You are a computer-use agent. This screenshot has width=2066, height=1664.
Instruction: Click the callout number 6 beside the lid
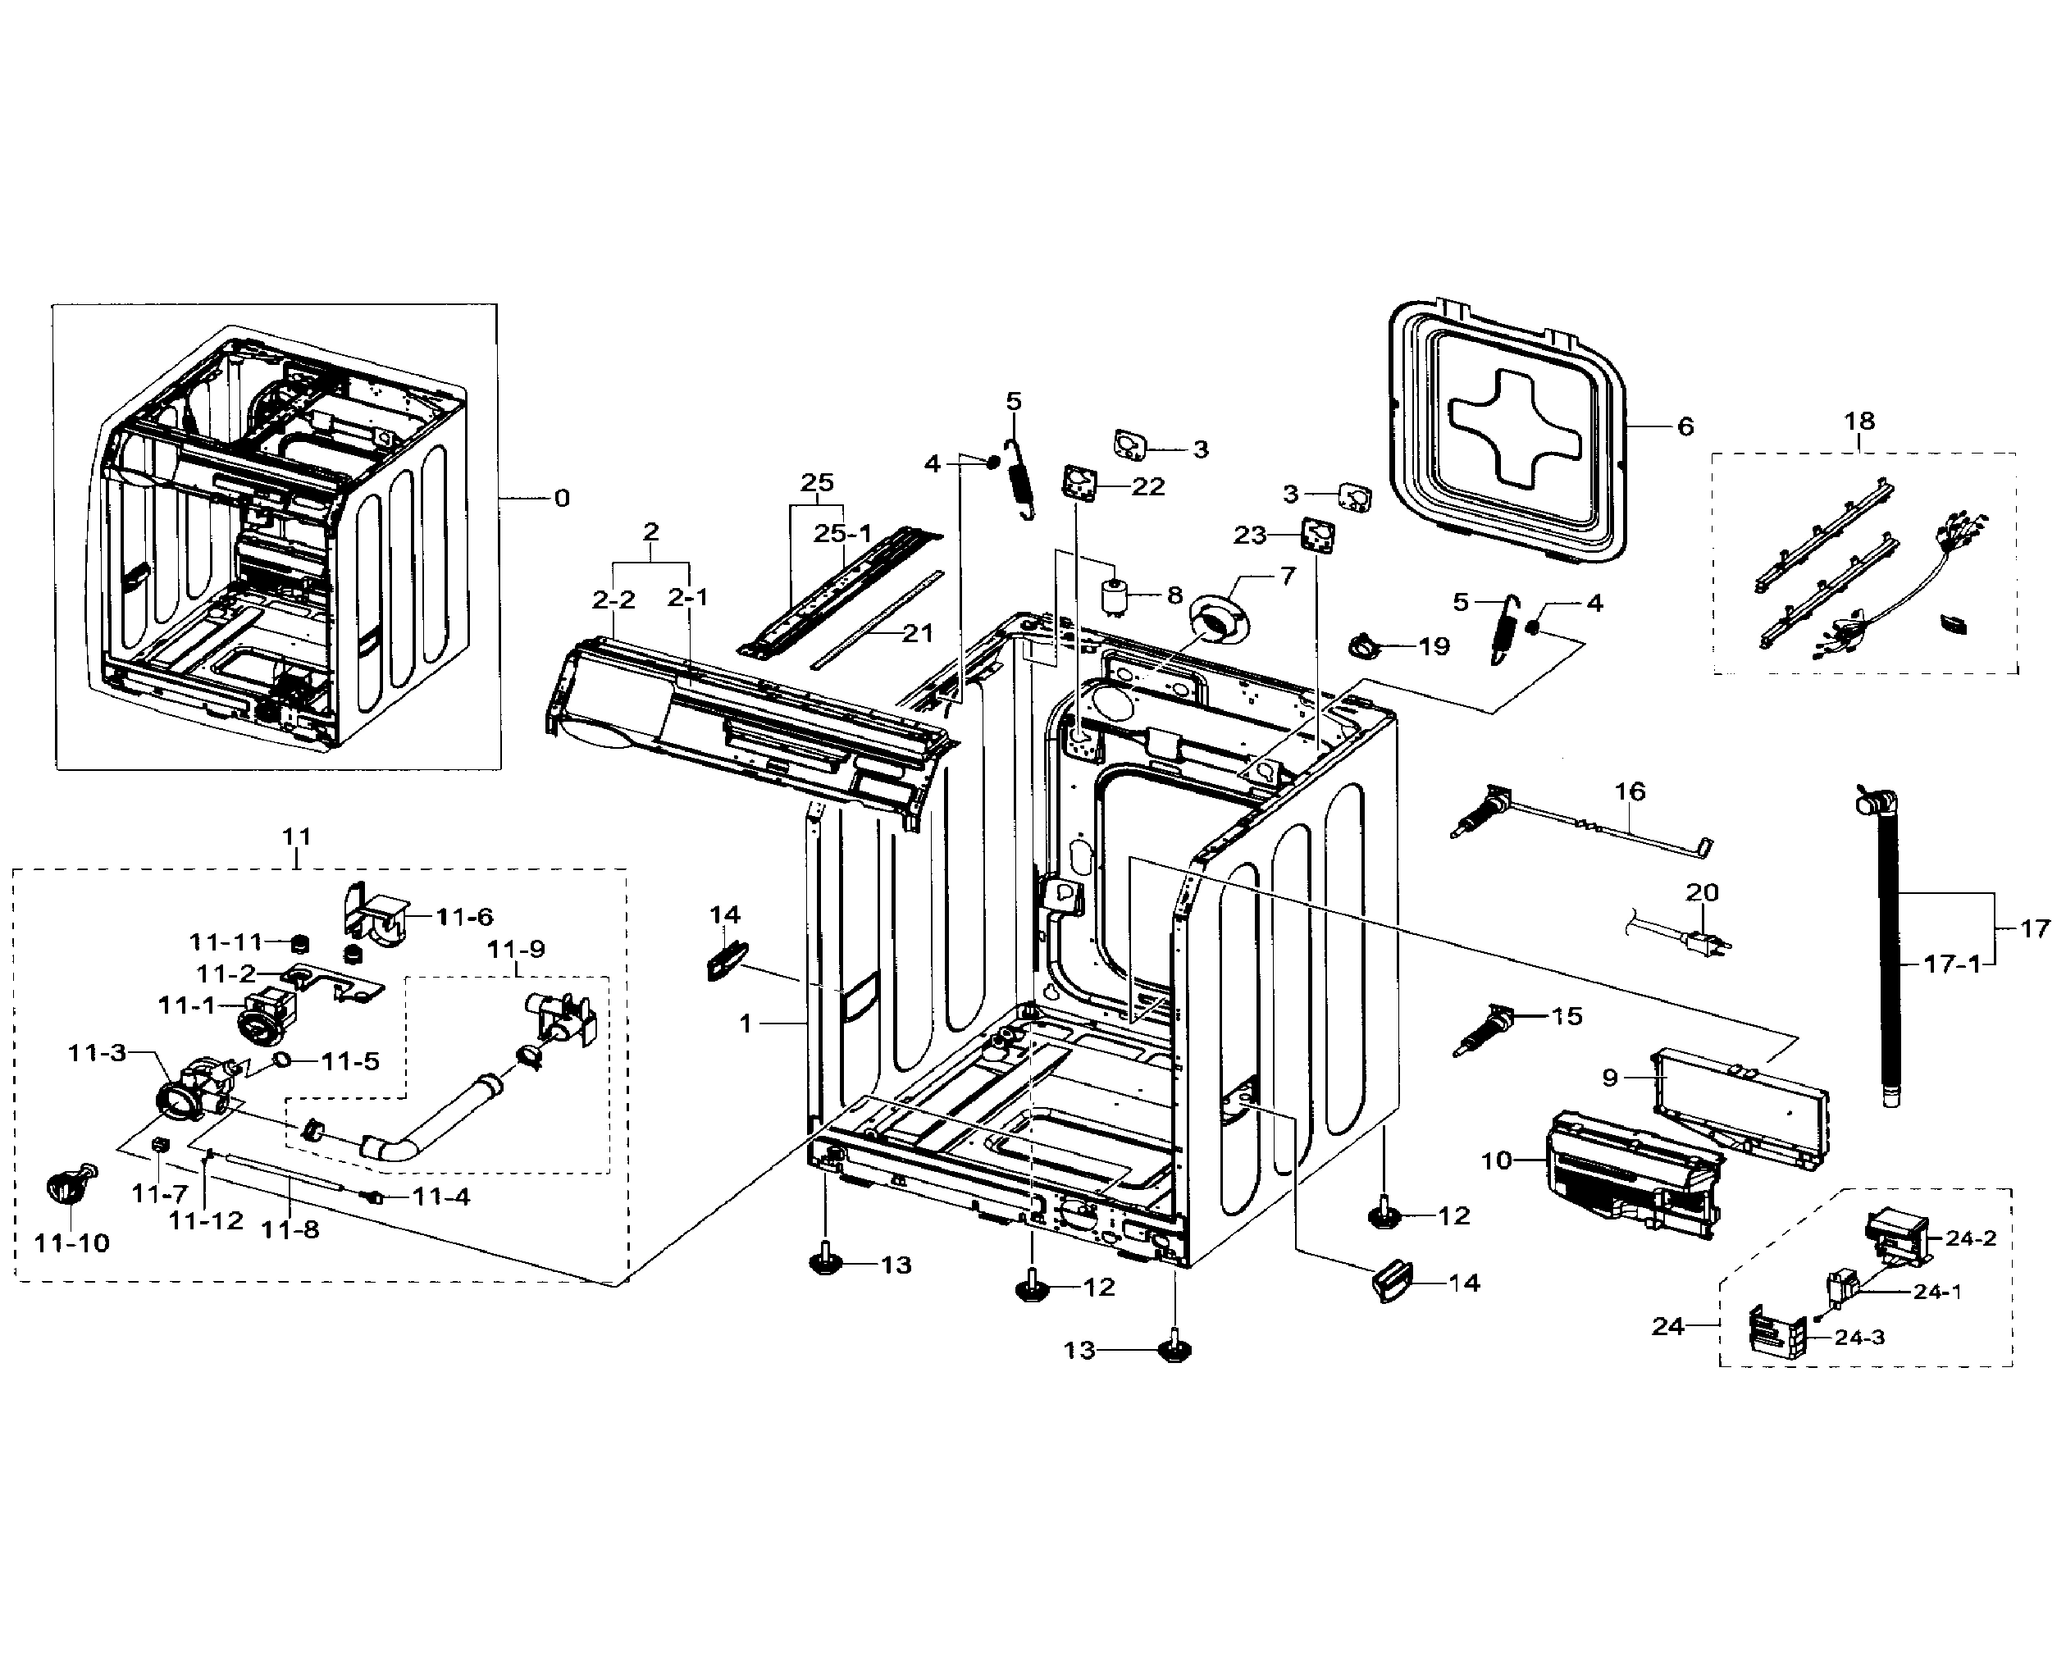1685,426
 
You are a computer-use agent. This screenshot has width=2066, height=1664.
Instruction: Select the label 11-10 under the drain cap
72,1243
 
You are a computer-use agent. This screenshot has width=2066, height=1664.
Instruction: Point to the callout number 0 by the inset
562,498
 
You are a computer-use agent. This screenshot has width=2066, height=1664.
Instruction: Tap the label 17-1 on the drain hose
1952,964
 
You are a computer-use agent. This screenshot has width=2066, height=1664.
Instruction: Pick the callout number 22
1147,487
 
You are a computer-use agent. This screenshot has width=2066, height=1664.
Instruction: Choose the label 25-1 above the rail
842,534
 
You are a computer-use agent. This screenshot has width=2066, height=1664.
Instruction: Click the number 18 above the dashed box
1859,421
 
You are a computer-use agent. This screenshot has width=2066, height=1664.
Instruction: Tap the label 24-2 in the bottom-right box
1970,1238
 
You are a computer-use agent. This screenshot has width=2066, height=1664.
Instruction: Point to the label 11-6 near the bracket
465,918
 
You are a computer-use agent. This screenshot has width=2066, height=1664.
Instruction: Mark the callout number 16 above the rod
1630,791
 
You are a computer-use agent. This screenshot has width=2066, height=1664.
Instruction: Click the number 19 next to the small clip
1434,646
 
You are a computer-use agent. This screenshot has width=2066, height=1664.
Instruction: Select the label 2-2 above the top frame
613,600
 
